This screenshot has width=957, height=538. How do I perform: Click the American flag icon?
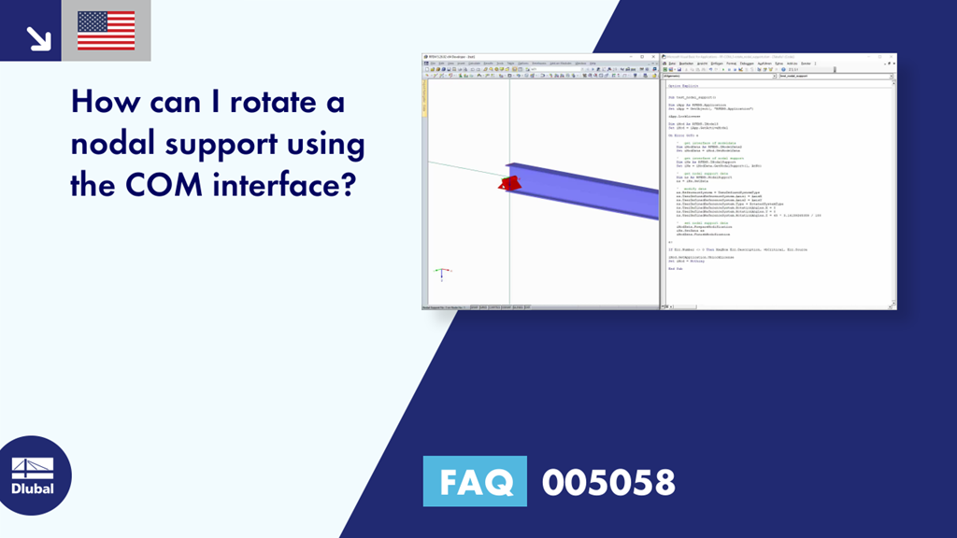click(x=106, y=30)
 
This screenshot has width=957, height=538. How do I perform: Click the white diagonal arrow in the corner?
click(x=38, y=37)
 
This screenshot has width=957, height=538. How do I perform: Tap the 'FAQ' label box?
click(x=475, y=482)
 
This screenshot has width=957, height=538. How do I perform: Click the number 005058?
click(x=608, y=482)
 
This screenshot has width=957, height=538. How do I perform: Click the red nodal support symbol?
click(x=507, y=183)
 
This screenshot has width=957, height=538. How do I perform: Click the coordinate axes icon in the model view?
click(x=443, y=274)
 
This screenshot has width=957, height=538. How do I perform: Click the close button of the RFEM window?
click(x=654, y=57)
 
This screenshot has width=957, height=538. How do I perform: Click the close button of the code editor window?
click(x=892, y=57)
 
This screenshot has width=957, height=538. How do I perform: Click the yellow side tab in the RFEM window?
click(x=426, y=107)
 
